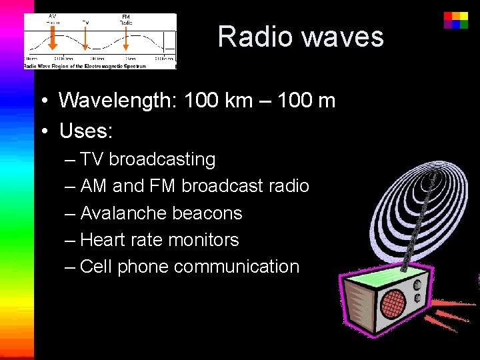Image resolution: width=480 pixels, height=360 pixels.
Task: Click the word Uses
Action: [86, 131]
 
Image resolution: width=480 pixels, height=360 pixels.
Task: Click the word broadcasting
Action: [162, 159]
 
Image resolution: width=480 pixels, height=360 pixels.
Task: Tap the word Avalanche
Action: [123, 213]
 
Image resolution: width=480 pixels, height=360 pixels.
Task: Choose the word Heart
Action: [102, 240]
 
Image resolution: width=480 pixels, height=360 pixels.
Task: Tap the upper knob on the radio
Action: [417, 283]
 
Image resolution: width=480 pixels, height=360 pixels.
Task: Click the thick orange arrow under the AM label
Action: [53, 39]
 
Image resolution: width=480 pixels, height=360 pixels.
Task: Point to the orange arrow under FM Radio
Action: [125, 39]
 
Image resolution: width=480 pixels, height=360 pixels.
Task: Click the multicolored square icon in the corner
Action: [456, 19]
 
